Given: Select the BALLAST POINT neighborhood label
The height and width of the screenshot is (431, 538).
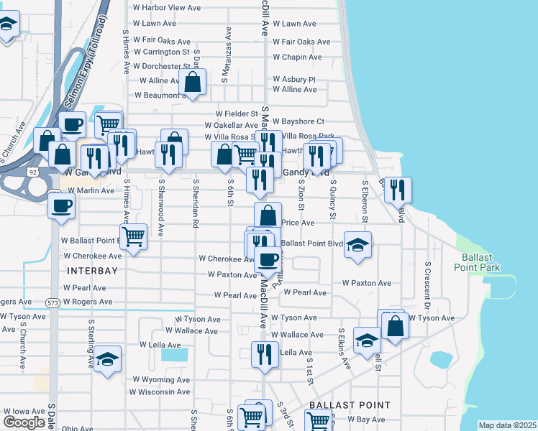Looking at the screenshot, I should point(349,405).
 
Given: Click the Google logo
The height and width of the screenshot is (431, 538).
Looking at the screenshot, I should point(24,422).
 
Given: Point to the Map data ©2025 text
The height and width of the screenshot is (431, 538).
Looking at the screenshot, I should point(507,425).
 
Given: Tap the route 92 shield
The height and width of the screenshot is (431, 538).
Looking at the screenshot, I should point(33,172).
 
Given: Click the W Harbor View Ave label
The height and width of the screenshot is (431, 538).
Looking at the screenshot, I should point(167,8).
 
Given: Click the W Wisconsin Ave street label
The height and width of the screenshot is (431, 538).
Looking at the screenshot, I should point(160,391).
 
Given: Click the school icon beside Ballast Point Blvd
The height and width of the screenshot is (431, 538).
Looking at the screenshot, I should point(357,244).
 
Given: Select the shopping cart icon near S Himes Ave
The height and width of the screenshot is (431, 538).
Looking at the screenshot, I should point(133,236).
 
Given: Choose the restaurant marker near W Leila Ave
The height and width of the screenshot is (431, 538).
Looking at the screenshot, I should point(265,354).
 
